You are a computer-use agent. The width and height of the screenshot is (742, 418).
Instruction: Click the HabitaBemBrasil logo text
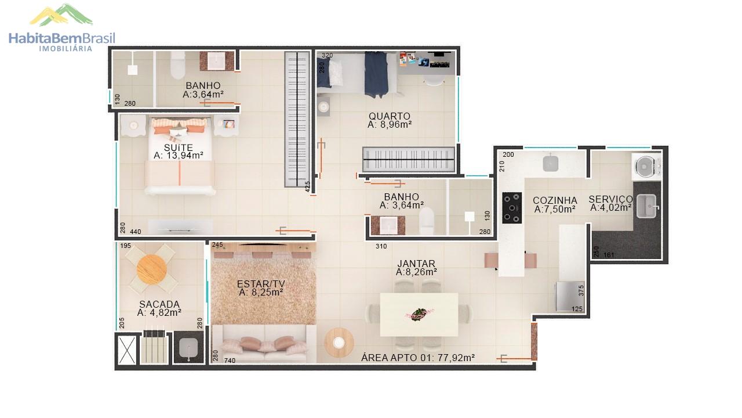click(x=62, y=38)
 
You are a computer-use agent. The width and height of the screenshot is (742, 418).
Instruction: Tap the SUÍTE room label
click(x=178, y=147)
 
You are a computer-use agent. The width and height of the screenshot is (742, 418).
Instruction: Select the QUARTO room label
click(x=390, y=116)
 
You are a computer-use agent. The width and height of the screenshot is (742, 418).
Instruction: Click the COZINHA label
click(x=555, y=200)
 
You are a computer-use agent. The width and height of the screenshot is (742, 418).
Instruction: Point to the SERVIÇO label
click(x=611, y=199)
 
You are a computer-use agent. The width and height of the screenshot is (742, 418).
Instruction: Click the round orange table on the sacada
click(x=152, y=269)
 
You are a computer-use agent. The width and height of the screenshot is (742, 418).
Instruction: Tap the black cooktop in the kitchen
click(x=512, y=208)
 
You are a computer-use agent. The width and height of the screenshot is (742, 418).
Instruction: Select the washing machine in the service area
click(x=646, y=167)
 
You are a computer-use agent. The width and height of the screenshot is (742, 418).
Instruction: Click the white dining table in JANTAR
click(x=419, y=315)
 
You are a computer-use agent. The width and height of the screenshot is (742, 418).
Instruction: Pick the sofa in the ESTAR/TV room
click(x=264, y=343)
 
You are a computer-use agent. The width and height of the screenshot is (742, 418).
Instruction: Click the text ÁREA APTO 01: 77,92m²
click(x=418, y=358)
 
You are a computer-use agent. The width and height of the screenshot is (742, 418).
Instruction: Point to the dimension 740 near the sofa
click(x=230, y=361)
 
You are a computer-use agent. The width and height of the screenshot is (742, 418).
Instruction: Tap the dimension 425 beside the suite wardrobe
click(x=308, y=187)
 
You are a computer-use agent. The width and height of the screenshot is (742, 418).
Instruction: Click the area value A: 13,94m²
click(x=178, y=155)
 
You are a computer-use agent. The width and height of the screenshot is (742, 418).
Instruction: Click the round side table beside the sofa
click(x=339, y=343)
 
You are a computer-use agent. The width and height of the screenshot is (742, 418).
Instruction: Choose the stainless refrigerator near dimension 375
click(x=569, y=297)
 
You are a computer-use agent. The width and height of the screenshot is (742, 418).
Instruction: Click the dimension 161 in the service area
click(x=609, y=255)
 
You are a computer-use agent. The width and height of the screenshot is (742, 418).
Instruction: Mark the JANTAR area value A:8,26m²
click(x=416, y=272)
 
